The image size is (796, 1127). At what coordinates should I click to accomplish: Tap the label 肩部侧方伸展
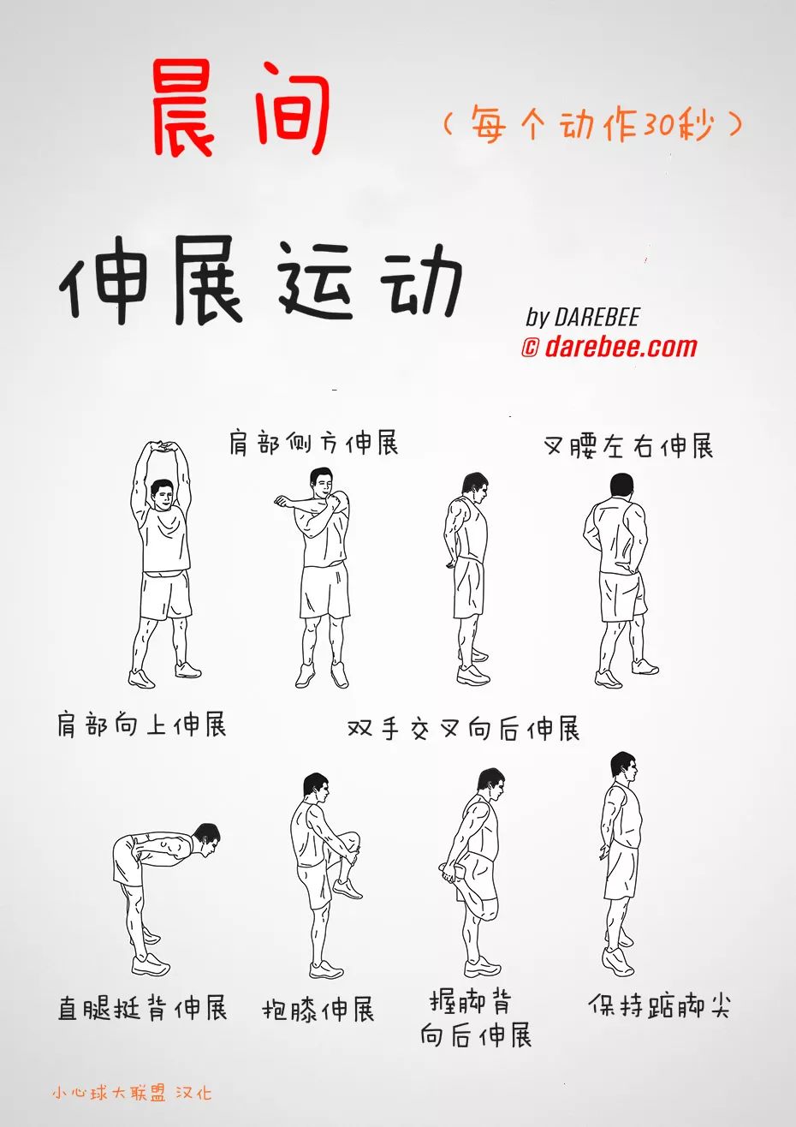[x=313, y=443]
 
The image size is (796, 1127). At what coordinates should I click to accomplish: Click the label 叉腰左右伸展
[x=628, y=446]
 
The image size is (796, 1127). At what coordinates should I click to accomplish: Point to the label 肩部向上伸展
[x=142, y=724]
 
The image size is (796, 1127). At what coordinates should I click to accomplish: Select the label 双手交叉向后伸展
[x=463, y=729]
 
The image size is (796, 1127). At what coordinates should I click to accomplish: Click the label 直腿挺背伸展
[x=142, y=1007]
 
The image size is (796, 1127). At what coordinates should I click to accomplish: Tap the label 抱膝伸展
[x=318, y=1010]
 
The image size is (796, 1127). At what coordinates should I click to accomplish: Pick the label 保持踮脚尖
[x=659, y=1005]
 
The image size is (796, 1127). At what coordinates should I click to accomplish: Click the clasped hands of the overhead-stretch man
[x=162, y=447]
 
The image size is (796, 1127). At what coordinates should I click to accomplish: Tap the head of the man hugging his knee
[x=315, y=788]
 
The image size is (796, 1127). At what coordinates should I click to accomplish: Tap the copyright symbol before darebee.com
[x=530, y=348]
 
